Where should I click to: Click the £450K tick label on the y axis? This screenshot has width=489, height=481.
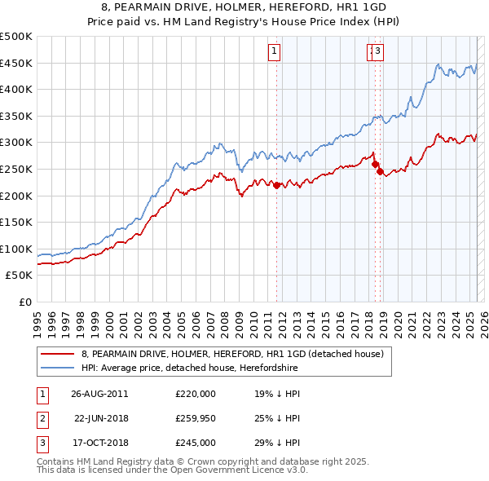point(16,63)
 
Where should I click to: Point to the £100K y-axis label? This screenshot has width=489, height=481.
point(16,249)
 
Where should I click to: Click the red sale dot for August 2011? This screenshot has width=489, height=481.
point(277,185)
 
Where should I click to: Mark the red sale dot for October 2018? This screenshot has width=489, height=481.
point(380,171)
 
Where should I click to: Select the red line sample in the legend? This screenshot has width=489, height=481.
point(59,355)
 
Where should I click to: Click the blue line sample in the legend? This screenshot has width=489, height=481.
point(59,368)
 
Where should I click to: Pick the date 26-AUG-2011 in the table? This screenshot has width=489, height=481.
point(99,394)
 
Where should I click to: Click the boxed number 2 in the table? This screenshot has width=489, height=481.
point(42,418)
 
